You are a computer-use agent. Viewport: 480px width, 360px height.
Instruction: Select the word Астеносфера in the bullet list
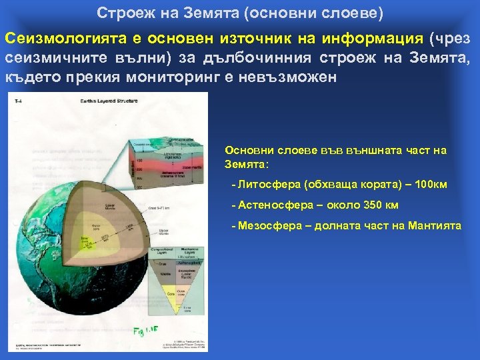(x=267, y=205)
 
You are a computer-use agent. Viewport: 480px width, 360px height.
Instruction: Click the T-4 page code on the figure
(x=19, y=101)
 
